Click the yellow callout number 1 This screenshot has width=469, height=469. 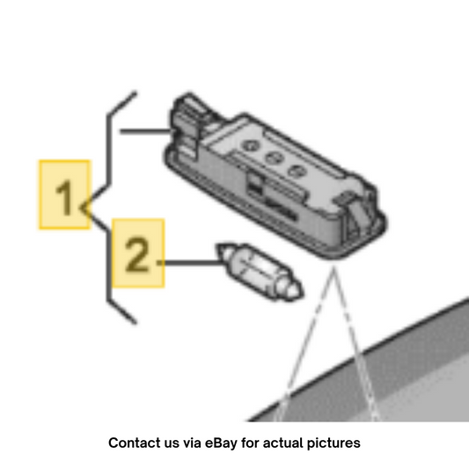(64, 195)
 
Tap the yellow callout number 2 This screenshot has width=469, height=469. (138, 253)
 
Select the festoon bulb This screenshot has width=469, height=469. (260, 272)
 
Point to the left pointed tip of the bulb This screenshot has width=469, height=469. (218, 245)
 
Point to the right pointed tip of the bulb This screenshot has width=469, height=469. (302, 294)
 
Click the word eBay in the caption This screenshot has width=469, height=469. (221, 443)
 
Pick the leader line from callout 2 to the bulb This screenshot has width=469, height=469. (191, 262)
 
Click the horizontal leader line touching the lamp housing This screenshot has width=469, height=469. (146, 131)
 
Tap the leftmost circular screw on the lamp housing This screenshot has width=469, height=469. (251, 146)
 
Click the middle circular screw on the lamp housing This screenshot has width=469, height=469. (274, 157)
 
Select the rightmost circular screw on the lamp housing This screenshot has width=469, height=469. (297, 171)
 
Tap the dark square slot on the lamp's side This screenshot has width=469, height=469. (254, 185)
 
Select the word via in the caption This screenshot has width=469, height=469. (192, 443)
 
